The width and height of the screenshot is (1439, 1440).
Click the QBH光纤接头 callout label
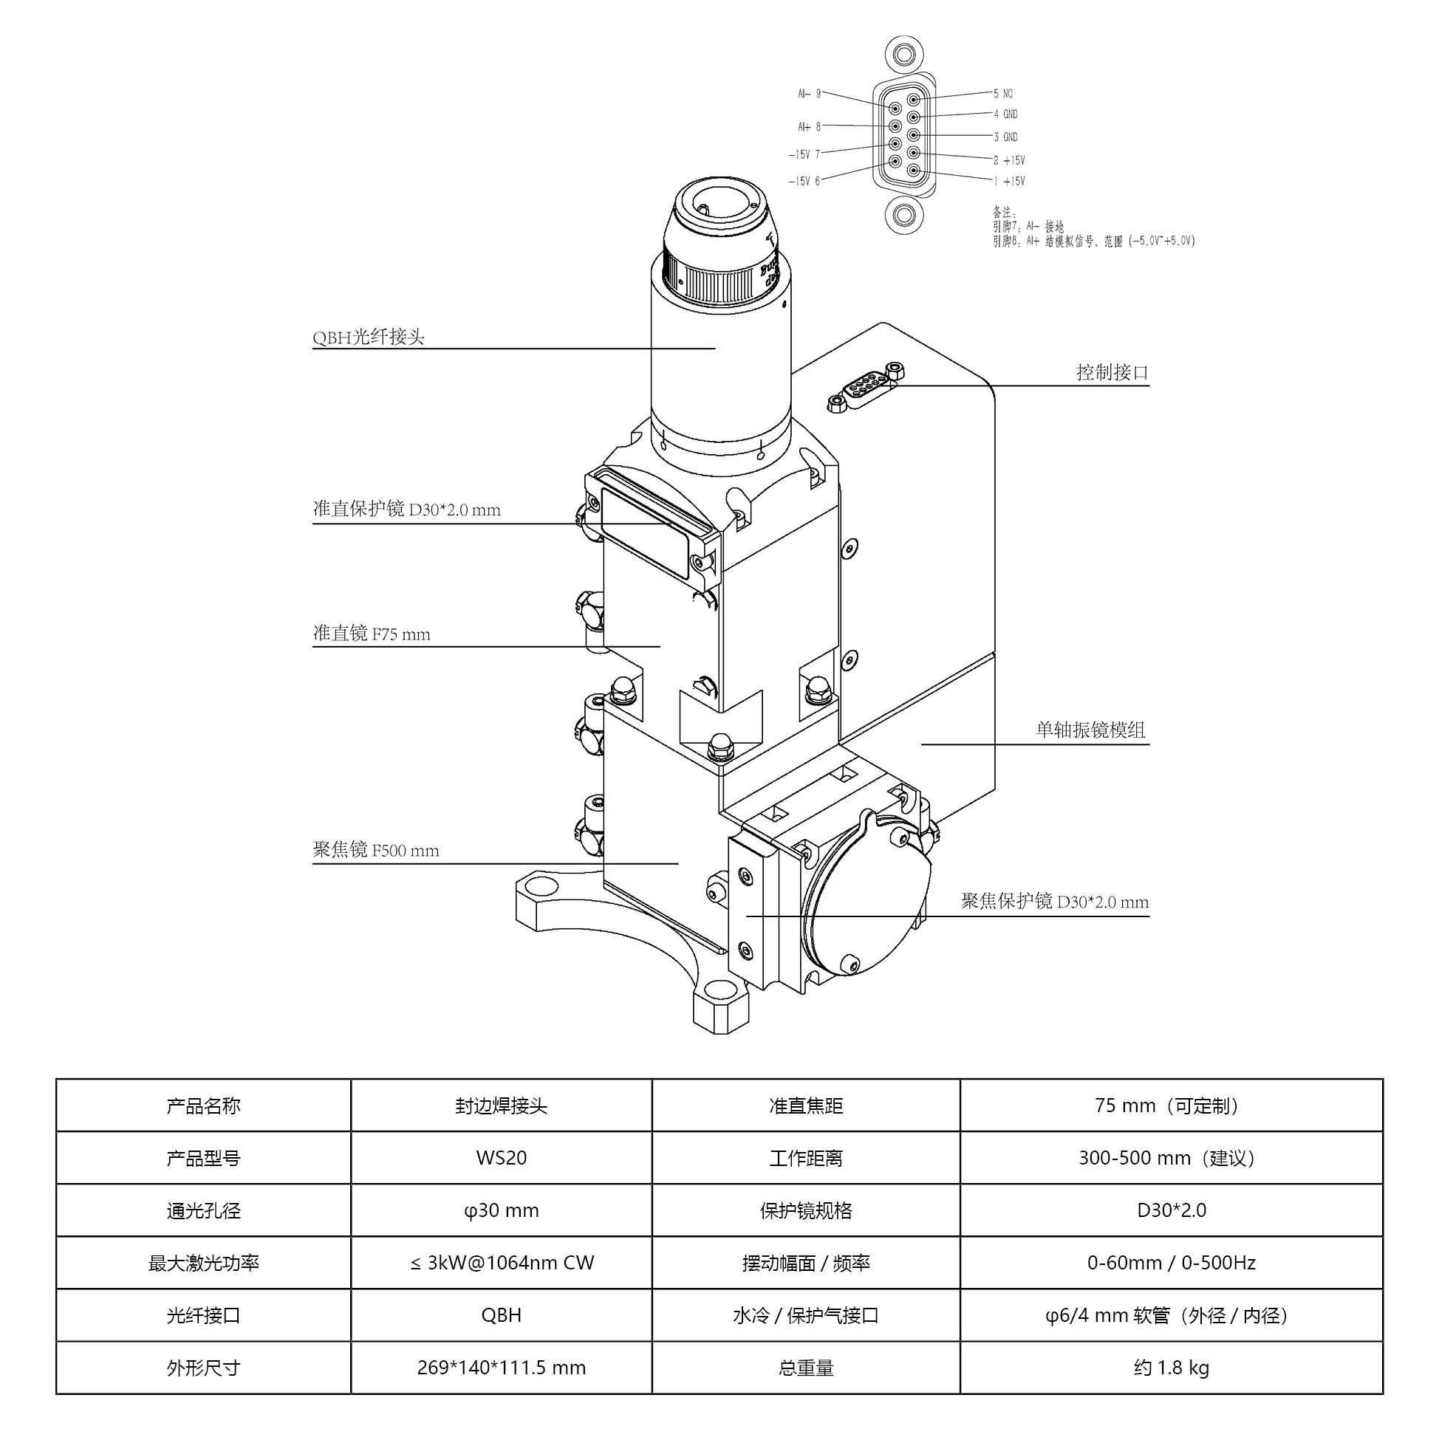click(369, 337)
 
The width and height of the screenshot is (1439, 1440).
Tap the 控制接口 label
click(1112, 372)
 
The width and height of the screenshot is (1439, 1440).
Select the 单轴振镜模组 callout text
click(1090, 730)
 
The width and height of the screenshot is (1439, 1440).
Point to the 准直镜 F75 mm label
click(372, 634)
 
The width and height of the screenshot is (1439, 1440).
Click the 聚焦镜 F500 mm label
click(376, 850)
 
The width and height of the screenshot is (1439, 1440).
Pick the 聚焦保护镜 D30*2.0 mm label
click(1054, 901)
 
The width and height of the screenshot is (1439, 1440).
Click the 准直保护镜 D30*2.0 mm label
click(406, 509)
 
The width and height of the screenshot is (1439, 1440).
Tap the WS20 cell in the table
click(501, 1157)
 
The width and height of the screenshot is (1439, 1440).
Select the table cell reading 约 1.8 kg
click(1171, 1368)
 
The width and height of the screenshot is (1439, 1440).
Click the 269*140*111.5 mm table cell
click(501, 1368)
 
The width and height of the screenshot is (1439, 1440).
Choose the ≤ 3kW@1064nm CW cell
click(501, 1263)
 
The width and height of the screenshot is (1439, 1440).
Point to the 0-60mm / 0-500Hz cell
click(1171, 1263)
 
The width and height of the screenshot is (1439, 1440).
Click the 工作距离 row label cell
click(805, 1157)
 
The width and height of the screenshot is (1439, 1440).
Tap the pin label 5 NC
click(1003, 94)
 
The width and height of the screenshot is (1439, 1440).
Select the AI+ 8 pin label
click(809, 127)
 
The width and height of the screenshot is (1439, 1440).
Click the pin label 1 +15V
click(1009, 181)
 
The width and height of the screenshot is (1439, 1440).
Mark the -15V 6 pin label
click(804, 181)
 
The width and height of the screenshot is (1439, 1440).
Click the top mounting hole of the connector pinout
click(903, 55)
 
